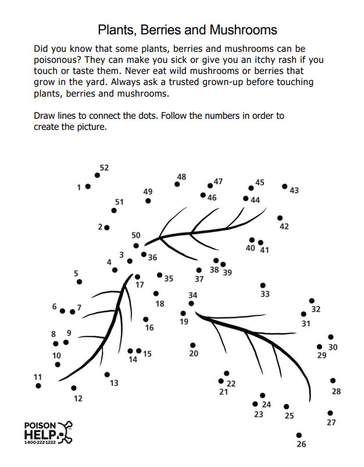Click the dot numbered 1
(88, 186)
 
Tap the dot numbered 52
(97, 175)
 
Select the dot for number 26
(299, 436)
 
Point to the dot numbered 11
(38, 385)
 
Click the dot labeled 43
(284, 186)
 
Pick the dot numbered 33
(263, 286)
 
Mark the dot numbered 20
(192, 345)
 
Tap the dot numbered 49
(148, 201)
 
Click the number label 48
(181, 177)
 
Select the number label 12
(78, 398)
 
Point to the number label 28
(336, 391)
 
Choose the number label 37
(199, 279)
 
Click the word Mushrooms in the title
(243, 30)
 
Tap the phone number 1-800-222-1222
(40, 443)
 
